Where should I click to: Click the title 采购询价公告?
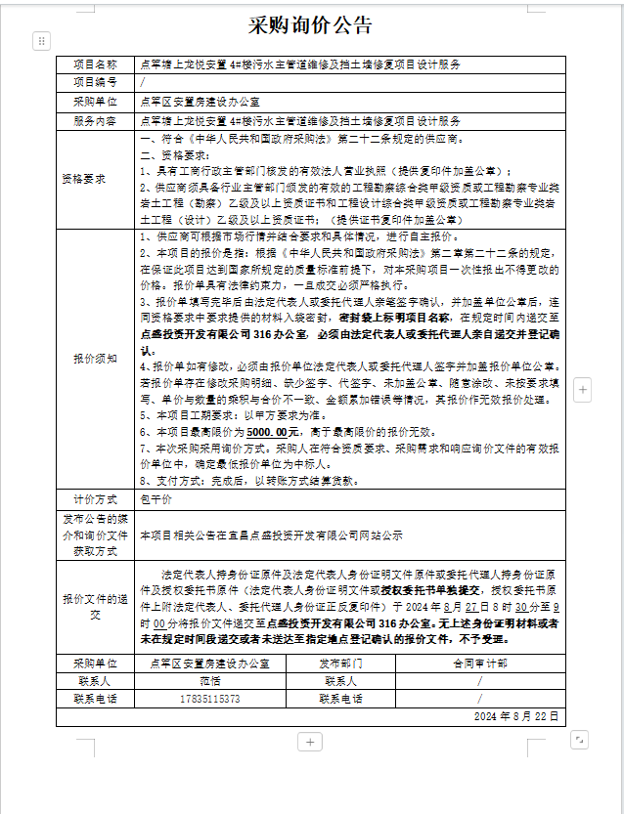311,23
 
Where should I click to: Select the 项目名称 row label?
96,64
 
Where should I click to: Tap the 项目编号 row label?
96,83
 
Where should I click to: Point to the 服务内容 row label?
96,121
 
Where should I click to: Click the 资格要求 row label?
96,180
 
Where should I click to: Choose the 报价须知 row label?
96,360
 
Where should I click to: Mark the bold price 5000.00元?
273,431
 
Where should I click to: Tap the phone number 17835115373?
210,699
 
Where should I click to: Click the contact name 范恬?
210,680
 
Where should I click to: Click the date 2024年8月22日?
515,716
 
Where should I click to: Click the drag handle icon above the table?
41,40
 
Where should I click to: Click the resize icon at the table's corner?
579,740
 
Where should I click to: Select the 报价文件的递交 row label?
96,606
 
